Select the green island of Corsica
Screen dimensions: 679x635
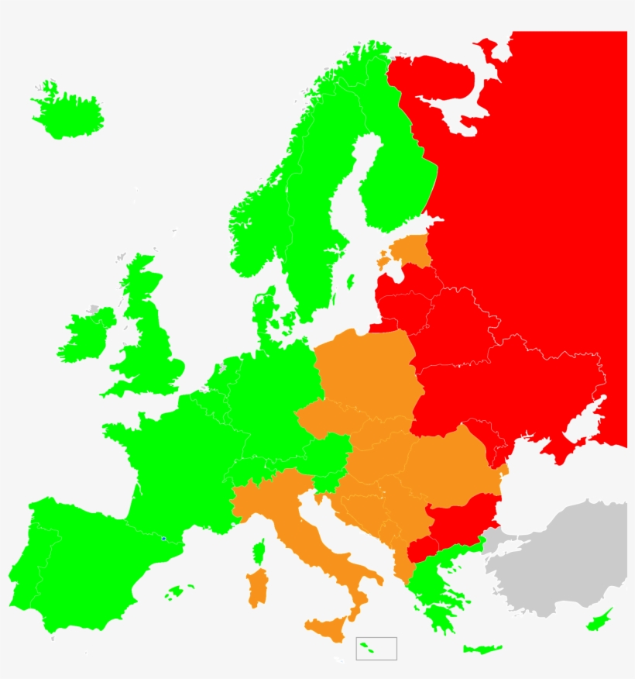259,552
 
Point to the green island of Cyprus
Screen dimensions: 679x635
599,621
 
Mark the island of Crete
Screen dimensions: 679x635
482,649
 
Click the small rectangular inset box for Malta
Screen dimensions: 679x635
376,649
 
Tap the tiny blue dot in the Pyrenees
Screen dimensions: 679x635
163,538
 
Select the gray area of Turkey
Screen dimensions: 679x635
558,558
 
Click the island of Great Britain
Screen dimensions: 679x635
151,341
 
